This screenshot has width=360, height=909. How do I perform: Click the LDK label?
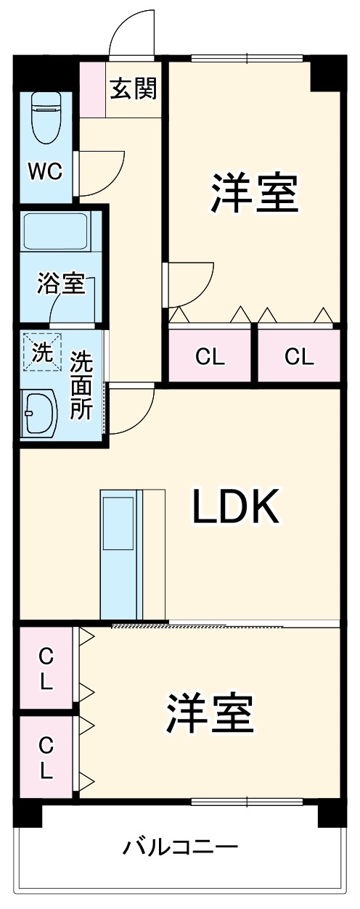coord(234,507)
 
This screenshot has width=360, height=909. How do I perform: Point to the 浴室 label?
coord(61,284)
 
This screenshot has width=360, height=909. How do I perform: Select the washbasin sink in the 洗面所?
coord(41,414)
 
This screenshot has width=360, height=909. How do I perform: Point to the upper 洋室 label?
coord(254,192)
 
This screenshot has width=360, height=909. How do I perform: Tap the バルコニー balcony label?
coord(180,847)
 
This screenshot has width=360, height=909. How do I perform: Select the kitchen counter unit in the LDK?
coord(120,554)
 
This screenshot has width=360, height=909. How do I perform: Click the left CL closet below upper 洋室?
coord(210,357)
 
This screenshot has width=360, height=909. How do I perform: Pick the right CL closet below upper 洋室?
coord(299,357)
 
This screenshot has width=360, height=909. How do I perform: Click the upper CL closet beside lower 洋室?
coord(46,668)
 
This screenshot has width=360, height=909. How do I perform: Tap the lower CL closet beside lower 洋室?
coord(46,757)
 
